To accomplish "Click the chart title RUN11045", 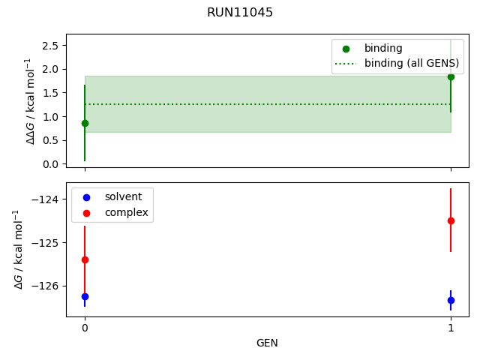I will tap(240, 13).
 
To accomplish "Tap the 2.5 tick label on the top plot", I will tap(50, 46).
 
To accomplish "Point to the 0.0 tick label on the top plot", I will tap(50, 163).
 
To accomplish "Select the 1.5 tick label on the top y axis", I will tap(50, 93).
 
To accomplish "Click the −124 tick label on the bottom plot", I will tap(46, 199).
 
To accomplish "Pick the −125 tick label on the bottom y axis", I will tap(46, 243).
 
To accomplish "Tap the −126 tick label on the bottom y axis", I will tap(46, 286).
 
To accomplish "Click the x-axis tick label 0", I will tap(85, 328).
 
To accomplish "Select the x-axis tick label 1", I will tap(451, 328).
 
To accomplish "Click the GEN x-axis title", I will tap(267, 343).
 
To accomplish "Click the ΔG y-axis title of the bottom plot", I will tap(19, 250).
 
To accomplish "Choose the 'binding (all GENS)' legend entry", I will tap(411, 63).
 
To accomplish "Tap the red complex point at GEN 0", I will tap(85, 259).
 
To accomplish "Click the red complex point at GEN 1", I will tap(451, 220).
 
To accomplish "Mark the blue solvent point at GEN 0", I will tap(85, 296).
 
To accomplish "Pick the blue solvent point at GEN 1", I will tap(451, 300).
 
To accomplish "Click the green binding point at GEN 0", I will tap(84, 123).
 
